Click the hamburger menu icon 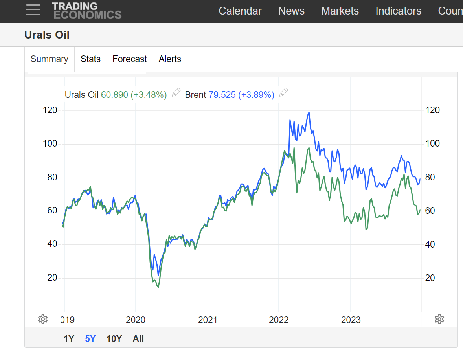[33, 10]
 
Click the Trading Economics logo [86, 11]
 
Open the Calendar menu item [240, 11]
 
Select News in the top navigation [291, 11]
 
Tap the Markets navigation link [340, 11]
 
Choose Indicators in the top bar [398, 11]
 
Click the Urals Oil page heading [47, 35]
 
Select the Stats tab [90, 59]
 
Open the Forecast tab [129, 59]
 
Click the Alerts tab [170, 59]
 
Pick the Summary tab [49, 59]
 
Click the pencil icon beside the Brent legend [283, 93]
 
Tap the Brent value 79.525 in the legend [222, 95]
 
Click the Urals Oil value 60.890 [114, 95]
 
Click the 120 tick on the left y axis [50, 110]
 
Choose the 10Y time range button [114, 339]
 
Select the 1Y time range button [69, 339]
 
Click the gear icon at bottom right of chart [439, 319]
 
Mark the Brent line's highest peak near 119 [309, 112]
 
